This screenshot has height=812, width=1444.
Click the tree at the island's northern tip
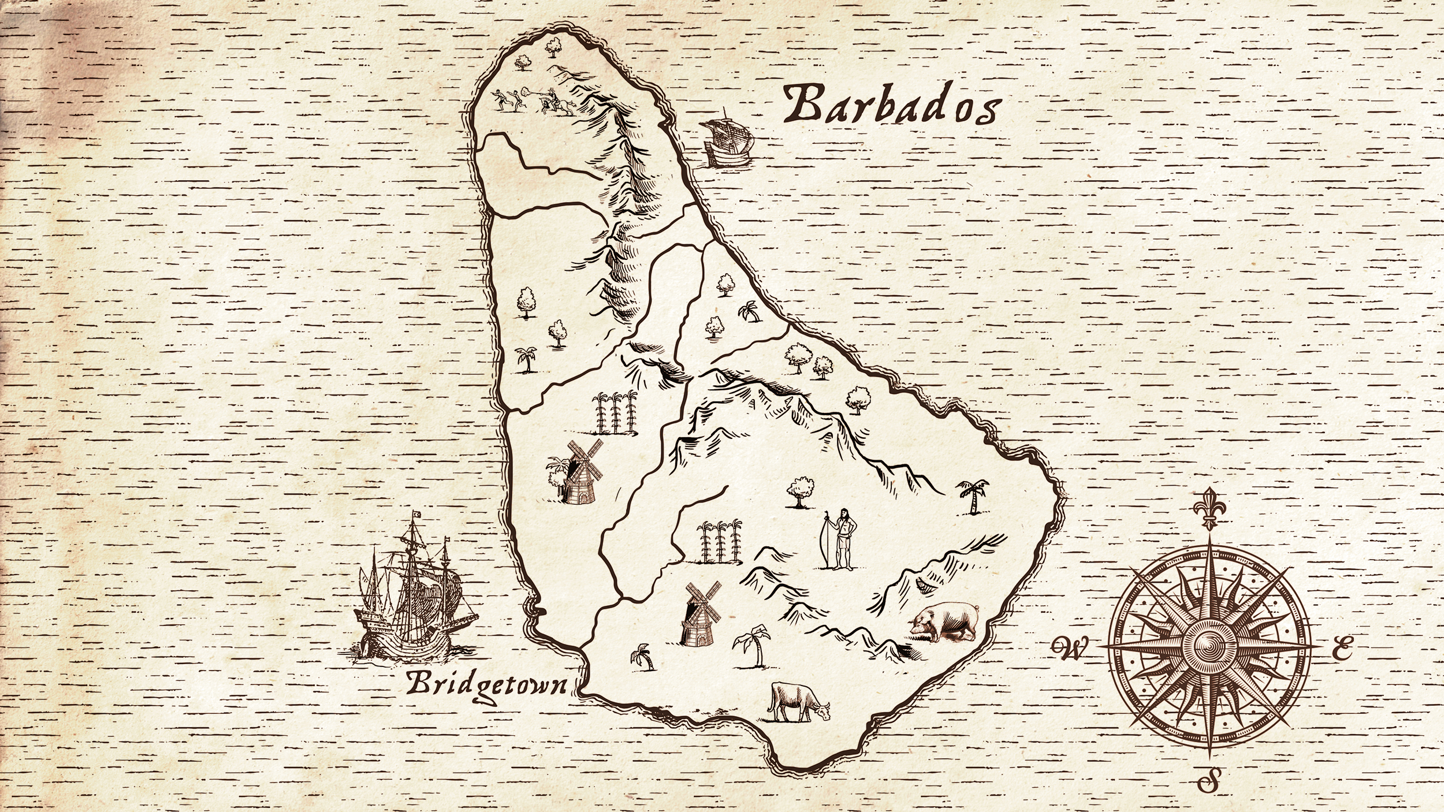coord(554,46)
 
